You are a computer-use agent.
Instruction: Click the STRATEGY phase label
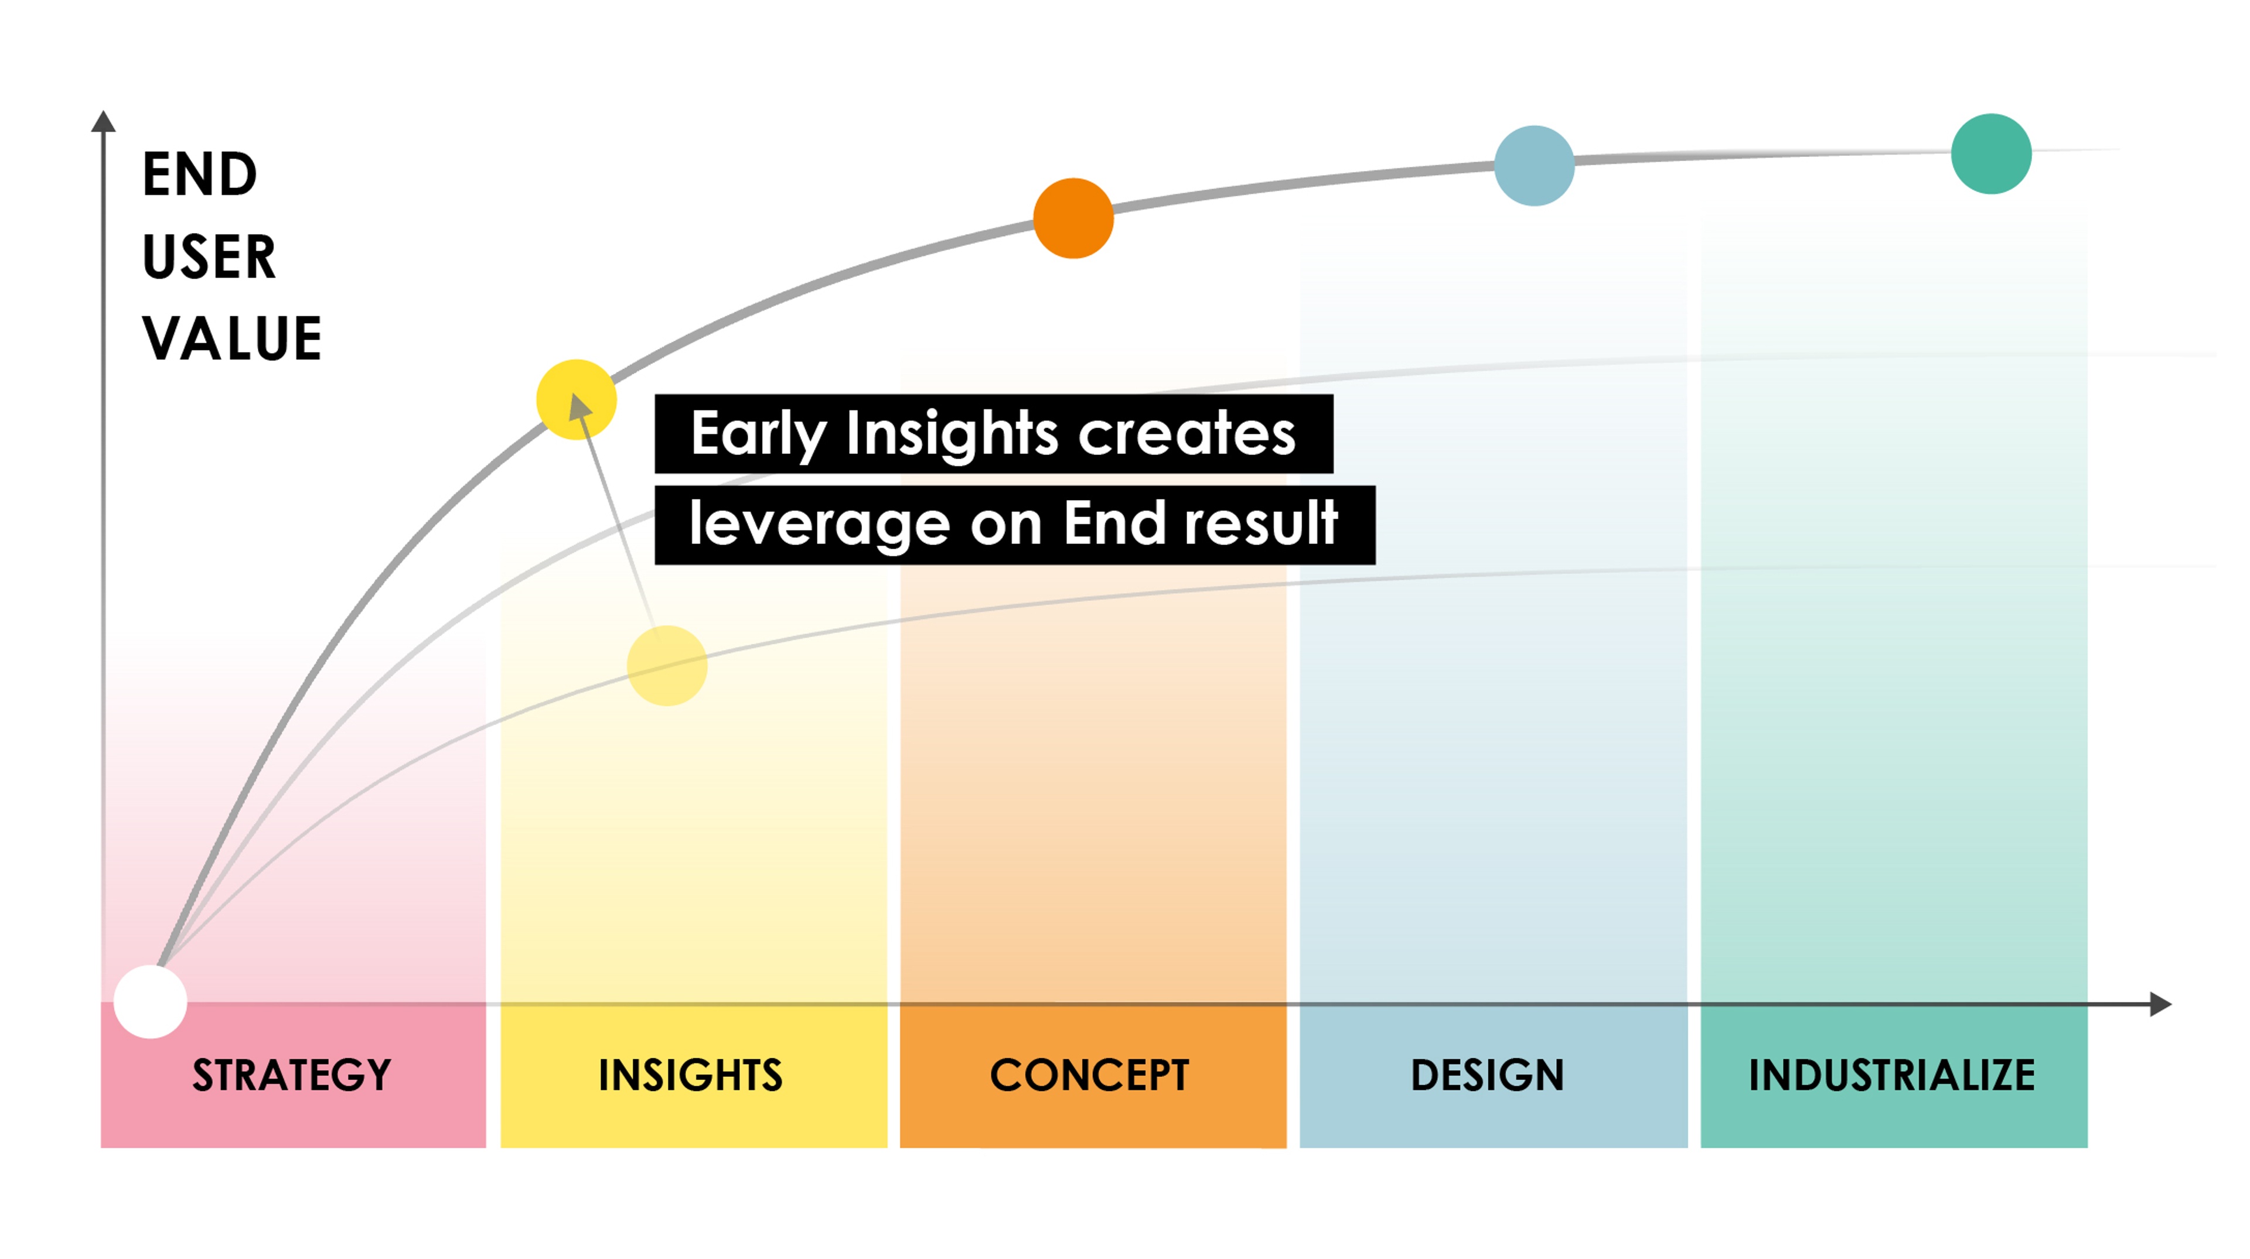click(x=292, y=1075)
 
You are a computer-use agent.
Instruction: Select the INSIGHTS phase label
click(x=690, y=1075)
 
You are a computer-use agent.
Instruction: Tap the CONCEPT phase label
click(x=1089, y=1075)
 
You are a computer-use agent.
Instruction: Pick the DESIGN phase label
click(x=1488, y=1075)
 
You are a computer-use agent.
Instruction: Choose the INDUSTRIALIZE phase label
click(x=1892, y=1075)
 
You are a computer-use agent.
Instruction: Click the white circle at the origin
click(x=150, y=1001)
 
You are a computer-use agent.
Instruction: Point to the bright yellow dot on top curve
click(x=577, y=399)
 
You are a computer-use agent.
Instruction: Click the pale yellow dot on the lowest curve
click(x=667, y=665)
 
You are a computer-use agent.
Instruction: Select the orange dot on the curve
click(x=1073, y=218)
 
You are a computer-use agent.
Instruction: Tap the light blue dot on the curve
click(x=1535, y=166)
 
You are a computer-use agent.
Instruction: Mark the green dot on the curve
click(x=1992, y=153)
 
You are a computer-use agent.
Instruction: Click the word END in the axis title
click(x=200, y=175)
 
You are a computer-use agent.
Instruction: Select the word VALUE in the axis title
click(x=233, y=339)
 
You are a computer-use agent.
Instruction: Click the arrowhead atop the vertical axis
click(x=103, y=121)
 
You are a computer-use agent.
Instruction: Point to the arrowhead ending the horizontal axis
click(x=2161, y=1004)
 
